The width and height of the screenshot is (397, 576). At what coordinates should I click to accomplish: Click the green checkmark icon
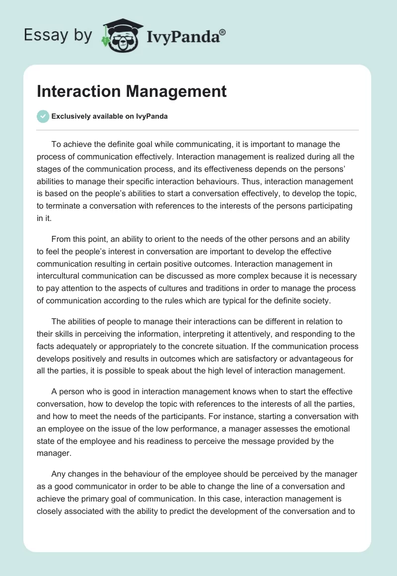point(43,117)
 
